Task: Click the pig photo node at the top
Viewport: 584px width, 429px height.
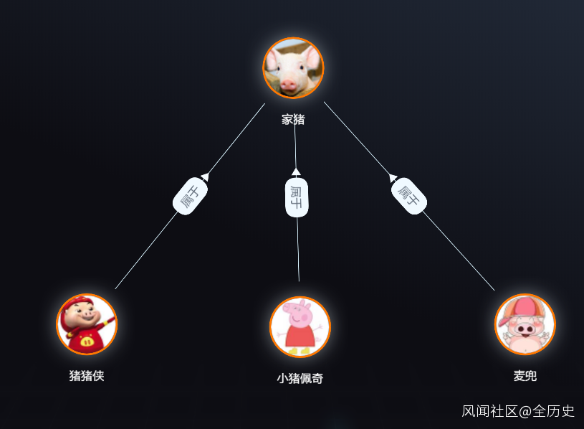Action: (293, 67)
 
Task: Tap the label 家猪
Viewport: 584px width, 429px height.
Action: (293, 119)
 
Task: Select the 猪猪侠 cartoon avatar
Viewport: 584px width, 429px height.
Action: (87, 324)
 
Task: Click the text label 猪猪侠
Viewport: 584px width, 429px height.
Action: (87, 375)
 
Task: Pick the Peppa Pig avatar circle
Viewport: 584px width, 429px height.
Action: (300, 326)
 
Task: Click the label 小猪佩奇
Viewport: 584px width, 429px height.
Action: (300, 378)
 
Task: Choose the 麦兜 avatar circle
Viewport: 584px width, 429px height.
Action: (525, 324)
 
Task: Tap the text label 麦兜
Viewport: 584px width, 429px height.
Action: (525, 375)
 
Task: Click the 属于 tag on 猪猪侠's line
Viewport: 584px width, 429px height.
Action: (190, 195)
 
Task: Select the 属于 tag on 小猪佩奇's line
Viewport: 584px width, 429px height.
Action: (297, 197)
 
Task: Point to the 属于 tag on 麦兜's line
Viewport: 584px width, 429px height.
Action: (409, 195)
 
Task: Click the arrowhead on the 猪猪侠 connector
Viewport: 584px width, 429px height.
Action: (205, 176)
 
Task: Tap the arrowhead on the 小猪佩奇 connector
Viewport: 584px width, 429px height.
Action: (295, 171)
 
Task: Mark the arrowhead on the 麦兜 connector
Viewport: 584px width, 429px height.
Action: (393, 176)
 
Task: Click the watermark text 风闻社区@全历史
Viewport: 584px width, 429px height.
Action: (518, 411)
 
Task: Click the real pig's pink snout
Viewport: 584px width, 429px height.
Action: (289, 85)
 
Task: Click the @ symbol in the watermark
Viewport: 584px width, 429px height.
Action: (525, 411)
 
